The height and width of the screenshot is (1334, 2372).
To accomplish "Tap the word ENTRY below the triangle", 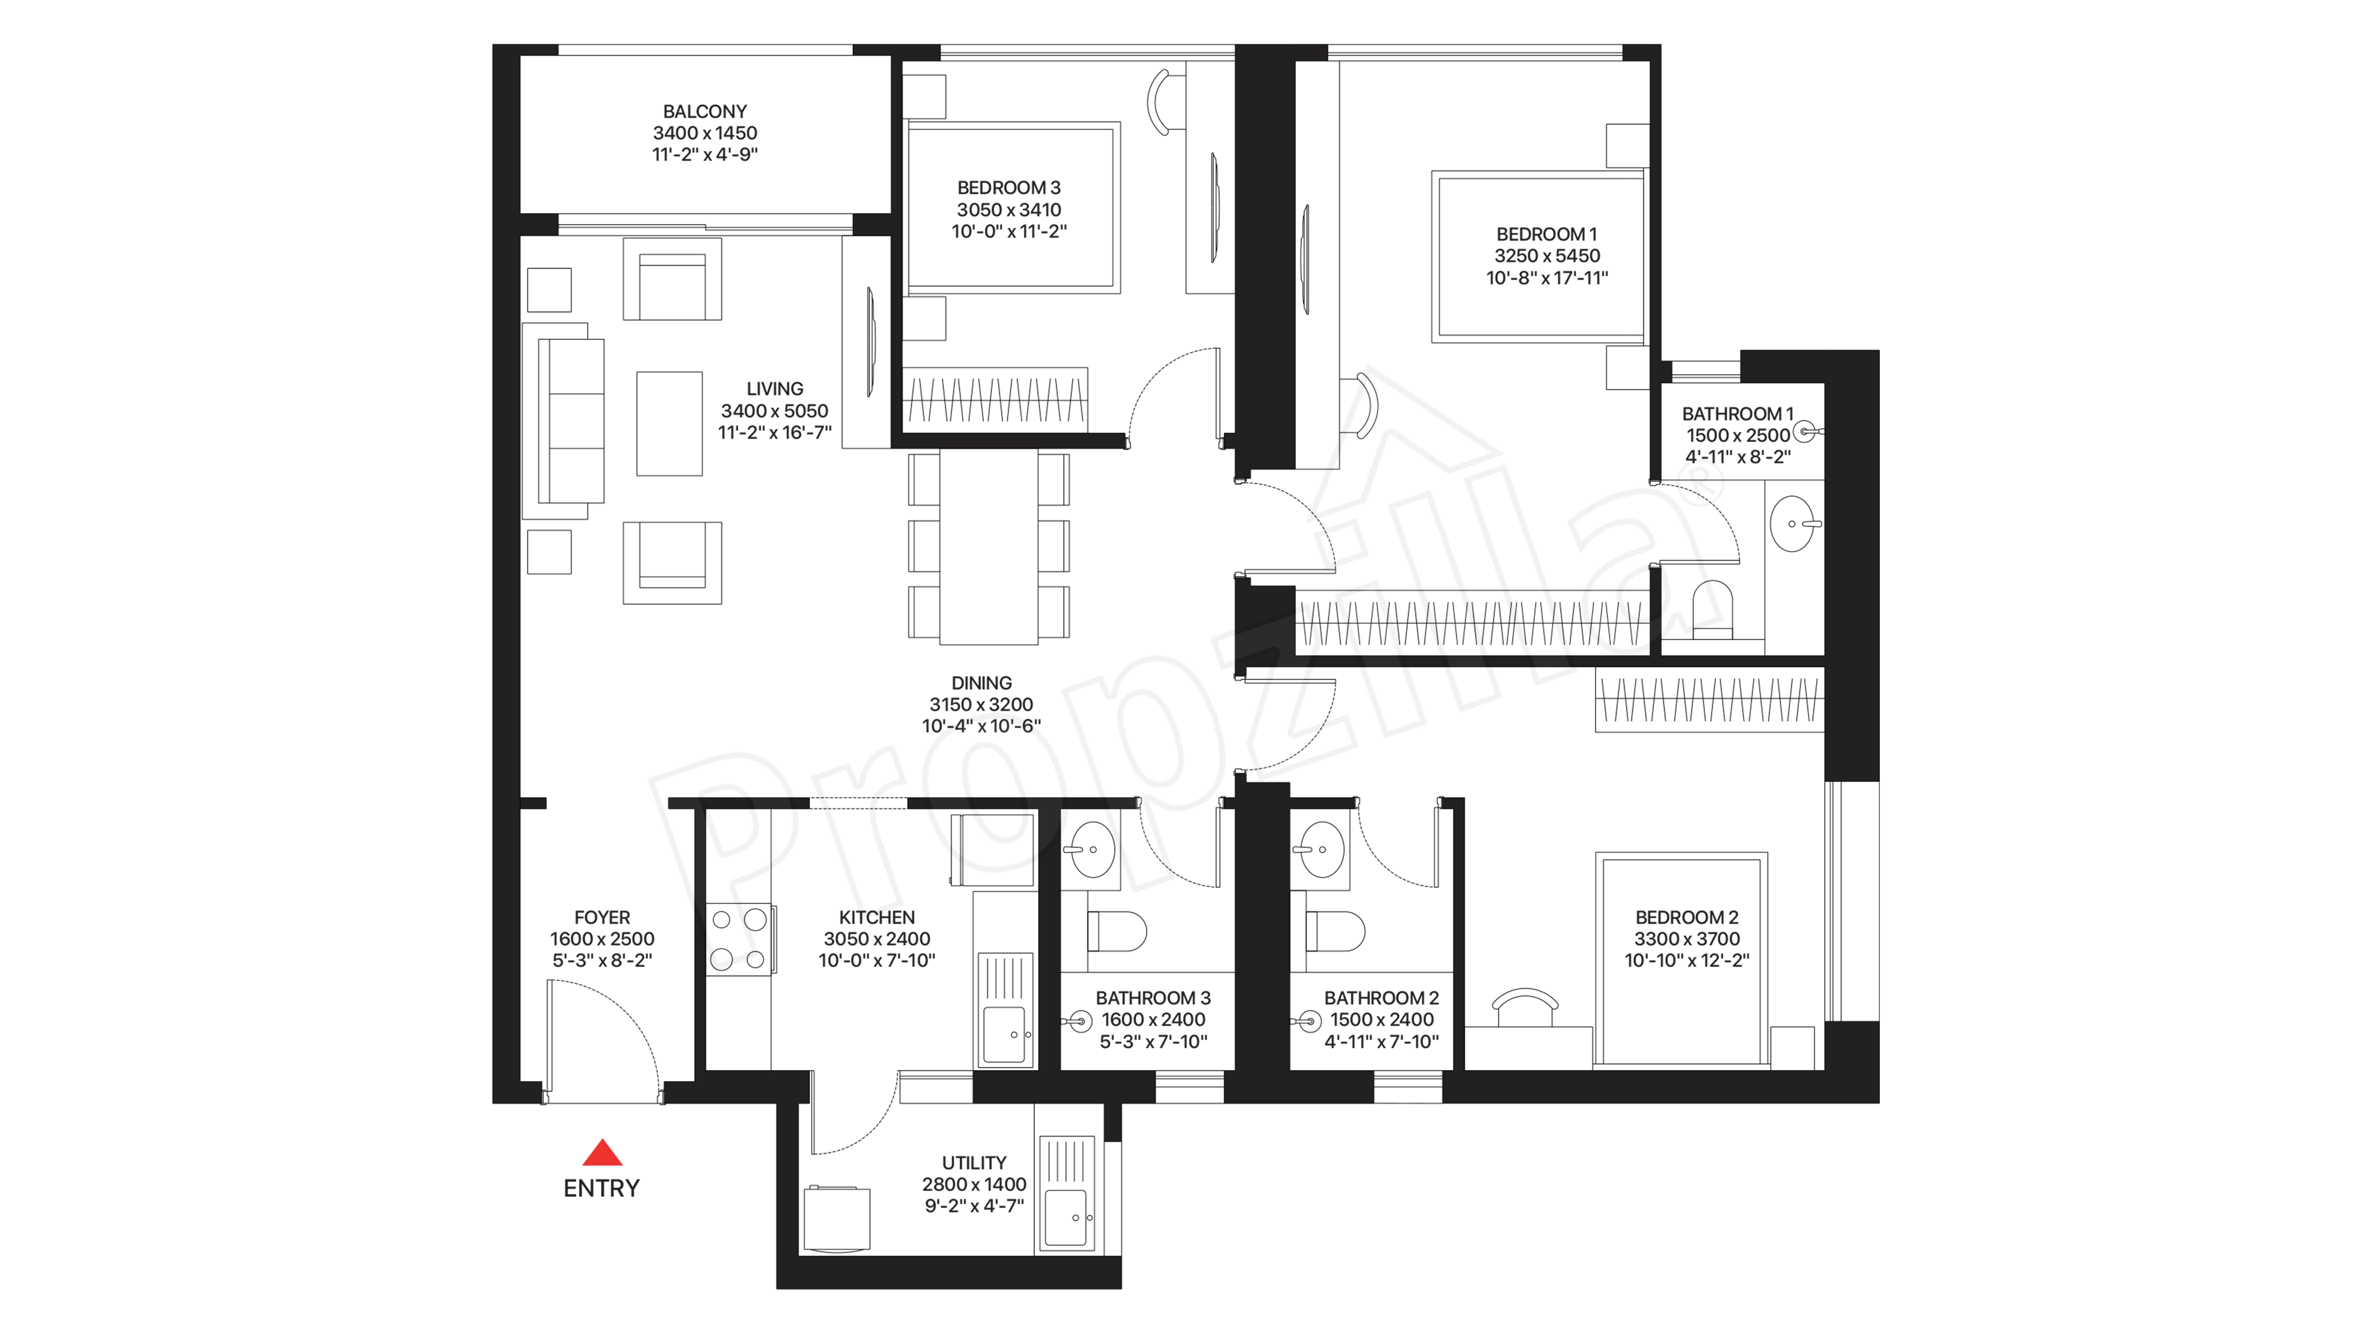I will [601, 1188].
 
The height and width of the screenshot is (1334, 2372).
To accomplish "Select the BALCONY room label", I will [704, 111].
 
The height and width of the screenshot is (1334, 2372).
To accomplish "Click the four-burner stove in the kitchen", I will [739, 939].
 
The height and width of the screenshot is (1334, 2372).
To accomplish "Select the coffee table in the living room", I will [669, 424].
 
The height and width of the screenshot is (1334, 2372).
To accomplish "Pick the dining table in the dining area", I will [988, 547].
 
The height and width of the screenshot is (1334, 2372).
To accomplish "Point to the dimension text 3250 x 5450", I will [1547, 256].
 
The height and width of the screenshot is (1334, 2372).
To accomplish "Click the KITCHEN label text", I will [877, 918].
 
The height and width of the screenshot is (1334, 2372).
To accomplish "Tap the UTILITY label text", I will [973, 1163].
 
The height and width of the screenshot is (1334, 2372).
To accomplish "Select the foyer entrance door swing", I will [603, 1036].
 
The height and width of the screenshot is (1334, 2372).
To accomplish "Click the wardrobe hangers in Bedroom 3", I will [994, 400].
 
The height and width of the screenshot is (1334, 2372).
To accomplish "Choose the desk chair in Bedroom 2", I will [1525, 1005].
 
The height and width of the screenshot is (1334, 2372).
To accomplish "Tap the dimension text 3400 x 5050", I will [774, 411].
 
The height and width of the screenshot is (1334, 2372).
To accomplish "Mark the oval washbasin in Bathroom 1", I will [1793, 524].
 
